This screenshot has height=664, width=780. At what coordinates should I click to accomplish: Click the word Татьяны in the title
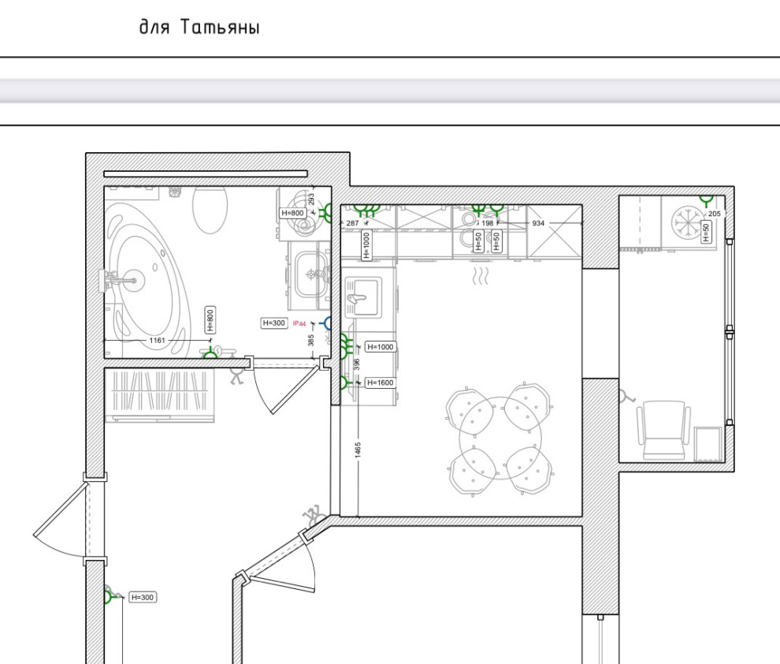pos(220,27)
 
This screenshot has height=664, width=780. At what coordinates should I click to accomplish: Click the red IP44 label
pos(299,323)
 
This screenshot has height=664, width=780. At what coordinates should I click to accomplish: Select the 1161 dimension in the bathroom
pos(158,341)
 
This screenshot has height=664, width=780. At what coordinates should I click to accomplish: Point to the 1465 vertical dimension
pos(358,450)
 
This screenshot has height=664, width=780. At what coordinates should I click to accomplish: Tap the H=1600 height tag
pos(381,382)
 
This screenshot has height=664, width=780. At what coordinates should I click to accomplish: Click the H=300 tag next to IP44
pos(274,323)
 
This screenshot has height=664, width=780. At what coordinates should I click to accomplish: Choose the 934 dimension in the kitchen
pos(538,223)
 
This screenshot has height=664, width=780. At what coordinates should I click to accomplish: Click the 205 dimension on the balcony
pos(715,214)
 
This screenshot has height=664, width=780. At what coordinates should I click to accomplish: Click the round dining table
pos(500,438)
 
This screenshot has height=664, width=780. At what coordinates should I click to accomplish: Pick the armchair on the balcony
pos(664,430)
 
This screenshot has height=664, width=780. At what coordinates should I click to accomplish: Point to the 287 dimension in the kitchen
pos(352,223)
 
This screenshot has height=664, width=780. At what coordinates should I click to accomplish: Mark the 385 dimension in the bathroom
pos(311,340)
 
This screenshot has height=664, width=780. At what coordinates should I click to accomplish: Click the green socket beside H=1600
pos(344,382)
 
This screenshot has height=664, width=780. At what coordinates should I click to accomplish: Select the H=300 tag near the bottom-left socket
pos(143,597)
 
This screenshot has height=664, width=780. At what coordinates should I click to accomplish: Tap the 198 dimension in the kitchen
pos(488,223)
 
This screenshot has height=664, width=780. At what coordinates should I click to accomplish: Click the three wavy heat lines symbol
pos(480,276)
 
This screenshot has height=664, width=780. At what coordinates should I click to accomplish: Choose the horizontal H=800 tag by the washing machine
pos(292,213)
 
